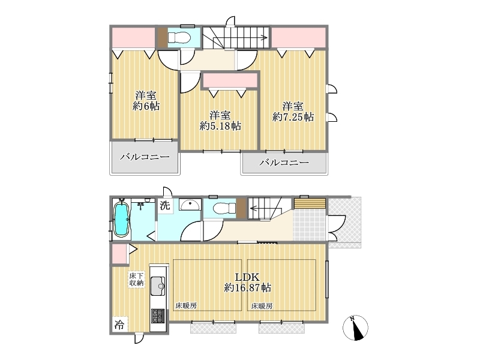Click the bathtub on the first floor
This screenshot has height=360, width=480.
[121, 219]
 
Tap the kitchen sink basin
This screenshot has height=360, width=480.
[158, 286]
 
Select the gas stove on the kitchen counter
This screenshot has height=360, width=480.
[158, 316]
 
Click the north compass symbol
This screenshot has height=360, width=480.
[355, 328]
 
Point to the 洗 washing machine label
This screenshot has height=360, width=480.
[164, 205]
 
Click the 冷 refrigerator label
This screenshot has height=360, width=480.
[119, 325]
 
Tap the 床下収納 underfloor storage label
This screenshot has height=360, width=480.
[136, 279]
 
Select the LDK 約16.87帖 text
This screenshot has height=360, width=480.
[248, 283]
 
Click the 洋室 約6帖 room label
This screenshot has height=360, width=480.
[146, 101]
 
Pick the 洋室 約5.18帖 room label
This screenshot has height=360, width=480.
[220, 121]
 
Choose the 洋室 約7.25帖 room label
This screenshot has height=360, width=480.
[293, 112]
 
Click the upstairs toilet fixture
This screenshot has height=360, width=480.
[179, 38]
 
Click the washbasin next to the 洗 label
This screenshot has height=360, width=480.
[190, 205]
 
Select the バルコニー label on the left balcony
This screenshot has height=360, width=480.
[145, 157]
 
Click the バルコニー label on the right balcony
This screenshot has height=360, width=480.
[284, 162]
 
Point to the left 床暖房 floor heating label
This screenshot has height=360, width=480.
[186, 305]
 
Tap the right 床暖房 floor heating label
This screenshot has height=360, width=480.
[262, 305]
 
